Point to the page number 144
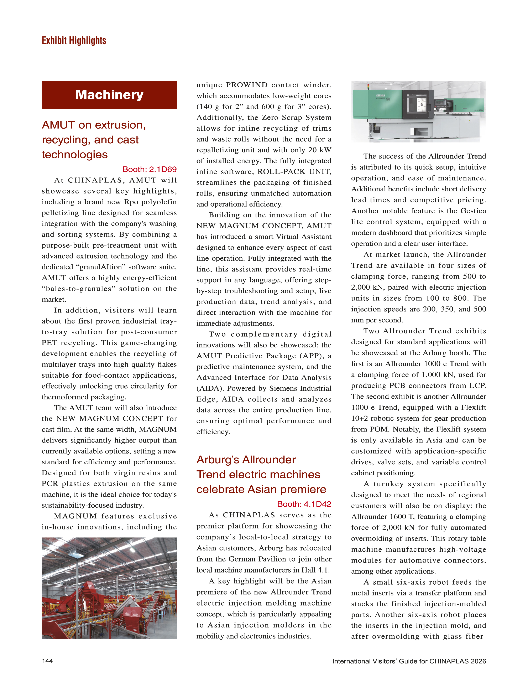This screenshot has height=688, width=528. (47, 661)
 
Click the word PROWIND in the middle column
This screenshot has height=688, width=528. (247, 85)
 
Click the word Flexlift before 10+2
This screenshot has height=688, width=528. (473, 408)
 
